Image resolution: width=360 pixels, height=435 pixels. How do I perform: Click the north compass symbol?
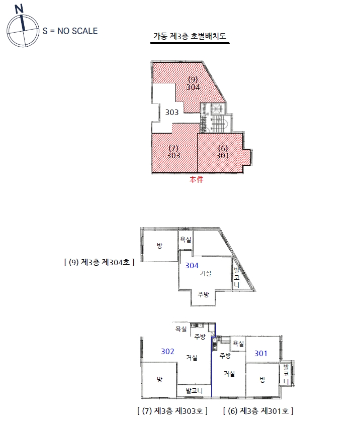point(23,27)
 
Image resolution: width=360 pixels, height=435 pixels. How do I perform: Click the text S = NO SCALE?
point(70,31)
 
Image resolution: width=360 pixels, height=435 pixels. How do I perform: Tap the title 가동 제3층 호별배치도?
point(190,36)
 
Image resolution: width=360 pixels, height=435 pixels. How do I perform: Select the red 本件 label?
point(197,179)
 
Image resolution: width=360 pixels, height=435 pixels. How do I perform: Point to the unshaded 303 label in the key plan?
point(172,113)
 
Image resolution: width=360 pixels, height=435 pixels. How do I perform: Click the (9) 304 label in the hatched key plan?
point(193,83)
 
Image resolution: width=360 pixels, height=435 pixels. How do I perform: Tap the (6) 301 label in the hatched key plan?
point(223,152)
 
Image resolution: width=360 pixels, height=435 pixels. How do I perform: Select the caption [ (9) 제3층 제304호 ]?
point(99,262)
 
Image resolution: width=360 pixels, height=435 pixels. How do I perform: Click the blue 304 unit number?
point(192,266)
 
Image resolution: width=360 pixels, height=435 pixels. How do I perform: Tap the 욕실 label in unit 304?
point(186,240)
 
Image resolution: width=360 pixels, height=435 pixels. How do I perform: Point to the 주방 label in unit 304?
point(203,294)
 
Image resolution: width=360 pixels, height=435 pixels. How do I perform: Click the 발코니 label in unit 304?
point(236,277)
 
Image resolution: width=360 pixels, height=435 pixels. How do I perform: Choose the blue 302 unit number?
point(167,352)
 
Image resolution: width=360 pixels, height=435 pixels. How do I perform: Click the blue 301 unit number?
point(261,354)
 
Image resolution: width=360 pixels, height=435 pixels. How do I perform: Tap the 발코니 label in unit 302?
point(194,391)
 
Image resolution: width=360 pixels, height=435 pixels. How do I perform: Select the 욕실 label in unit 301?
point(238,344)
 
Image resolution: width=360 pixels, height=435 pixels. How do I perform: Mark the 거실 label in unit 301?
point(229,374)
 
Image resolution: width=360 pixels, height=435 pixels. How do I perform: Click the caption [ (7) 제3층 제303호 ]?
point(172,411)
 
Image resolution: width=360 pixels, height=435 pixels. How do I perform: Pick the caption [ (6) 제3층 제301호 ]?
point(258,411)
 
